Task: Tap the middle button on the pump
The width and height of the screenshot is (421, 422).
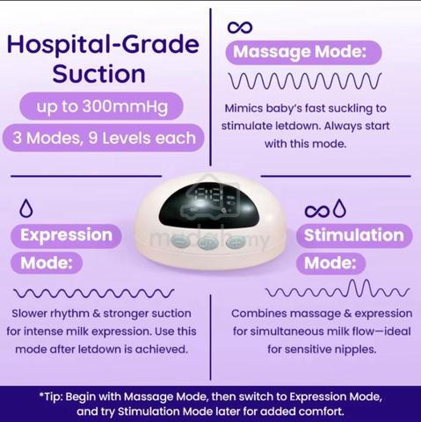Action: tap(207, 243)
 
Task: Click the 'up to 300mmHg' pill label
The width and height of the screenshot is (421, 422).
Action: tap(101, 106)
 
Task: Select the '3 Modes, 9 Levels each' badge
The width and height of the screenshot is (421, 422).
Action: tap(104, 138)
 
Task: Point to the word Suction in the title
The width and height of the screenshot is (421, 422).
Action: tap(99, 74)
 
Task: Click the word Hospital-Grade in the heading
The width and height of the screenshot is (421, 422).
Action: tap(103, 45)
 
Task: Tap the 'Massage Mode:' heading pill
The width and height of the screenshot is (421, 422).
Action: tap(303, 52)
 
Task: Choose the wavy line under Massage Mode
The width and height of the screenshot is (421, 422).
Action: tap(305, 81)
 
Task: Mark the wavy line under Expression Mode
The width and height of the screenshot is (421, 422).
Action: tap(94, 294)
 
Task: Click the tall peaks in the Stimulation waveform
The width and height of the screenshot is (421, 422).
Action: tap(360, 288)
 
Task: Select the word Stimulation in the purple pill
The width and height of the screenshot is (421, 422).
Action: tap(354, 236)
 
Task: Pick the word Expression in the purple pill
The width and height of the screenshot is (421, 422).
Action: tap(67, 236)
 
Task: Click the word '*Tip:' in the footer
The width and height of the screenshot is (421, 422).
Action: tap(51, 397)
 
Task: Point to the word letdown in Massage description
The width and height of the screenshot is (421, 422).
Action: tap(297, 126)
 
